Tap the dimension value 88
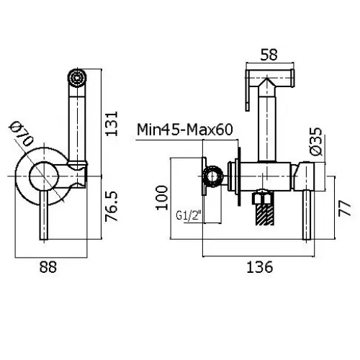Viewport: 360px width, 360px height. (48, 267)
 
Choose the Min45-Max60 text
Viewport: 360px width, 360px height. (185, 130)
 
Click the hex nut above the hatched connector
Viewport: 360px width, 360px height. (264, 197)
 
